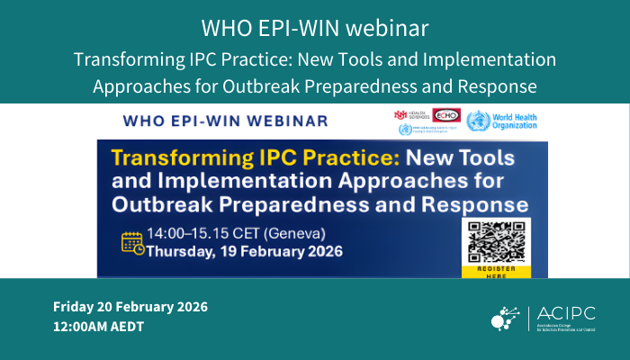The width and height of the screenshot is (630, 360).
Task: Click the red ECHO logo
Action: (444, 115)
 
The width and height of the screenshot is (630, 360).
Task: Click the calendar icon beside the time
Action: (132, 243)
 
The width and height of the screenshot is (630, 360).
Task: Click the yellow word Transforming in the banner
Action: (175, 160)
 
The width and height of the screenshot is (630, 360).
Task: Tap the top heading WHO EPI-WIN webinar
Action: (314, 28)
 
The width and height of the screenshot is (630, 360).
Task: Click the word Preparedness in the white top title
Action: (347, 86)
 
